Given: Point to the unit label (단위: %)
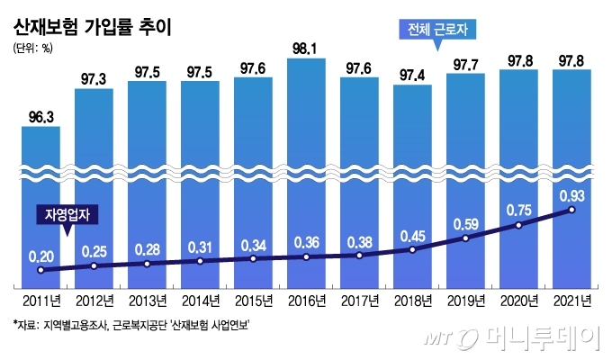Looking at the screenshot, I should click(x=32, y=49).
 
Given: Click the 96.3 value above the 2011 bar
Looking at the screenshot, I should click(x=40, y=116).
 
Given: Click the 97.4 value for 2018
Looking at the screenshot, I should click(x=412, y=74).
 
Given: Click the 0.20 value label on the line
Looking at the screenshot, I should click(x=40, y=256).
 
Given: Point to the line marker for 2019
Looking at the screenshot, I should click(x=465, y=238).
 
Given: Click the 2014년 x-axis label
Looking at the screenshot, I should click(x=200, y=300).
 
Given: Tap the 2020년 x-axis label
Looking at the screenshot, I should click(x=518, y=300).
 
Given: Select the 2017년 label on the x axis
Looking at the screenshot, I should click(x=359, y=300).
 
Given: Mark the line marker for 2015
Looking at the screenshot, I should click(x=253, y=258).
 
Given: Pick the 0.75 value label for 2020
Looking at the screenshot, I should click(x=519, y=208).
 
